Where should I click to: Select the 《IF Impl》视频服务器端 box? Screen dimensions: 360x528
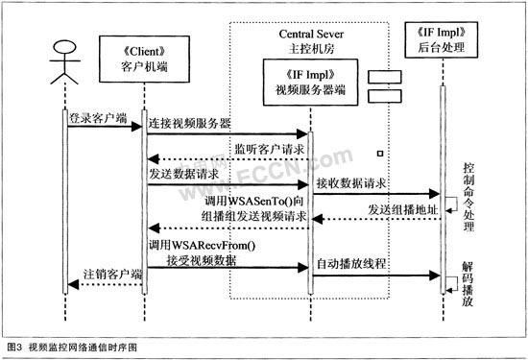(x=308, y=79)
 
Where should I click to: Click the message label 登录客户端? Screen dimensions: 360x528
(x=97, y=120)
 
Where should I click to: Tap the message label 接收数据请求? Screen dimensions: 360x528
(x=352, y=183)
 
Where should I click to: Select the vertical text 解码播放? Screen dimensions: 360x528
(x=467, y=288)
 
